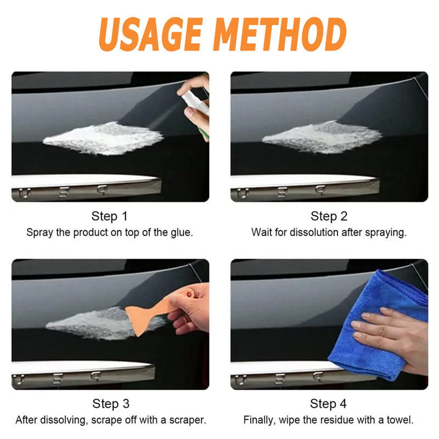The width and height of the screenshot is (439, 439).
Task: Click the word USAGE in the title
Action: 151,35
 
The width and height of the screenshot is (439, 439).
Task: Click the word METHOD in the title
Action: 281,35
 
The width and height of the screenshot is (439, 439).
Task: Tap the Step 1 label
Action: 109,216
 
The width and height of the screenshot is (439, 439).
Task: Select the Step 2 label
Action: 329,216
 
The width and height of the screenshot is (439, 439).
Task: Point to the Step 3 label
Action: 111,404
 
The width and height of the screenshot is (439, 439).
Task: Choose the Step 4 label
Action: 328,404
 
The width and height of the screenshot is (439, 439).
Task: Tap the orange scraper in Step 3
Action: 157,311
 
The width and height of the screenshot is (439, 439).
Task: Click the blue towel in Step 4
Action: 378,326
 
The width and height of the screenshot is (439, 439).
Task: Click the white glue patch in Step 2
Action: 322,137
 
